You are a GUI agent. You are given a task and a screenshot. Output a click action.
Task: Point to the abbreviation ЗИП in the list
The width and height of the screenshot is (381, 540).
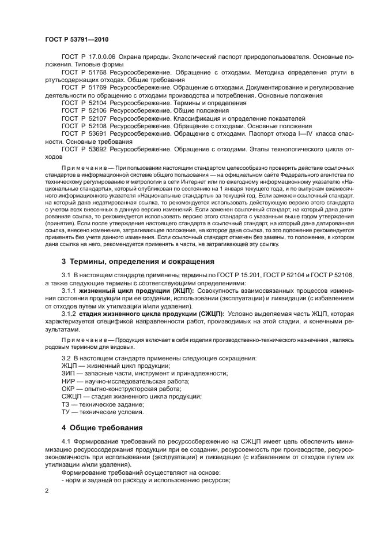[68, 374]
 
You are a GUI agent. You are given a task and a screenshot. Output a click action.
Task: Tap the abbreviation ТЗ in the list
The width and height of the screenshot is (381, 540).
[66, 404]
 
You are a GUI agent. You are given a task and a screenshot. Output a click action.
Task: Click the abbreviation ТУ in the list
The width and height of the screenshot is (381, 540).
[66, 412]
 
